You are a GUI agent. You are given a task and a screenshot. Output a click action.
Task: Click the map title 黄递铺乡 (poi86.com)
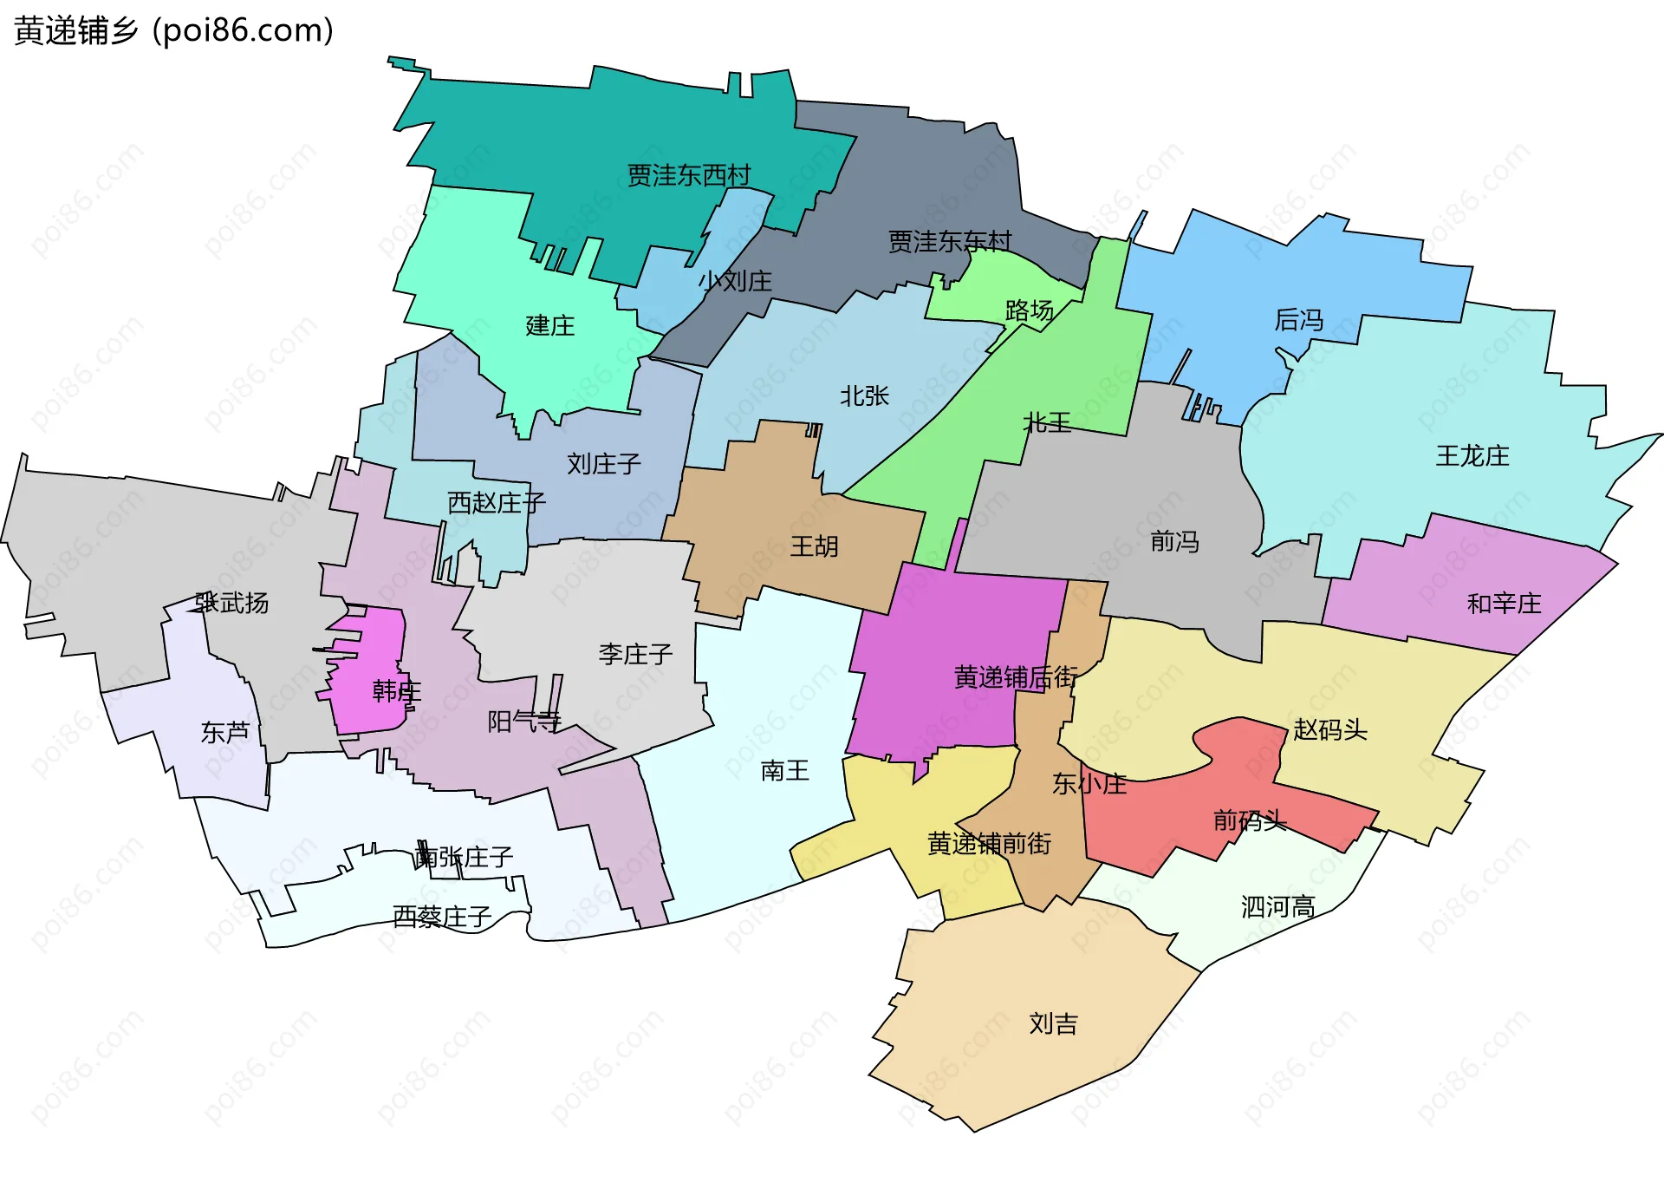click(x=173, y=30)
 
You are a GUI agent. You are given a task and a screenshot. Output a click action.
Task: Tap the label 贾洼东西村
click(x=689, y=175)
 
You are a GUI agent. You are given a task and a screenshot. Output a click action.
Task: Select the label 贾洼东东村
click(x=950, y=241)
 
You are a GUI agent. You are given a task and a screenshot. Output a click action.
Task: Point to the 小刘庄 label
click(x=735, y=281)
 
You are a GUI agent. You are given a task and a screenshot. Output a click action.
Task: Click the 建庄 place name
click(x=550, y=326)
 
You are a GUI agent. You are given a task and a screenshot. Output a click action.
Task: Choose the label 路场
click(x=1030, y=310)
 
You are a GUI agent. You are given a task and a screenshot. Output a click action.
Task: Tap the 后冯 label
click(x=1299, y=321)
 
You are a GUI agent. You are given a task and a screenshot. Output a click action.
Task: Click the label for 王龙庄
click(x=1472, y=456)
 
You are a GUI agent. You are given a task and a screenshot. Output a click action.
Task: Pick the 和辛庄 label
click(x=1505, y=604)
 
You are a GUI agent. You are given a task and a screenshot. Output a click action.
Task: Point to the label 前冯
click(x=1175, y=542)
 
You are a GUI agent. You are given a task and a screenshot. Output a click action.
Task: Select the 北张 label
click(x=865, y=396)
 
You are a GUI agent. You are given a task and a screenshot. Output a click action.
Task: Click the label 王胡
click(x=815, y=546)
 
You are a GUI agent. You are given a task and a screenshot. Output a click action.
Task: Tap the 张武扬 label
click(x=232, y=603)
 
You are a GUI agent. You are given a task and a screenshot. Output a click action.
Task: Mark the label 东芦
click(x=225, y=733)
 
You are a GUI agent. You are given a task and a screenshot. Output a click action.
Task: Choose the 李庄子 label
click(x=635, y=654)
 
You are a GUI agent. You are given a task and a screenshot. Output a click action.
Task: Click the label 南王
click(x=785, y=770)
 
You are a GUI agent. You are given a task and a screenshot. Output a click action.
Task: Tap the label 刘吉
click(x=1054, y=1024)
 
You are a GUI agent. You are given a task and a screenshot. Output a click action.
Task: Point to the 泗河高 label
click(x=1278, y=907)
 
